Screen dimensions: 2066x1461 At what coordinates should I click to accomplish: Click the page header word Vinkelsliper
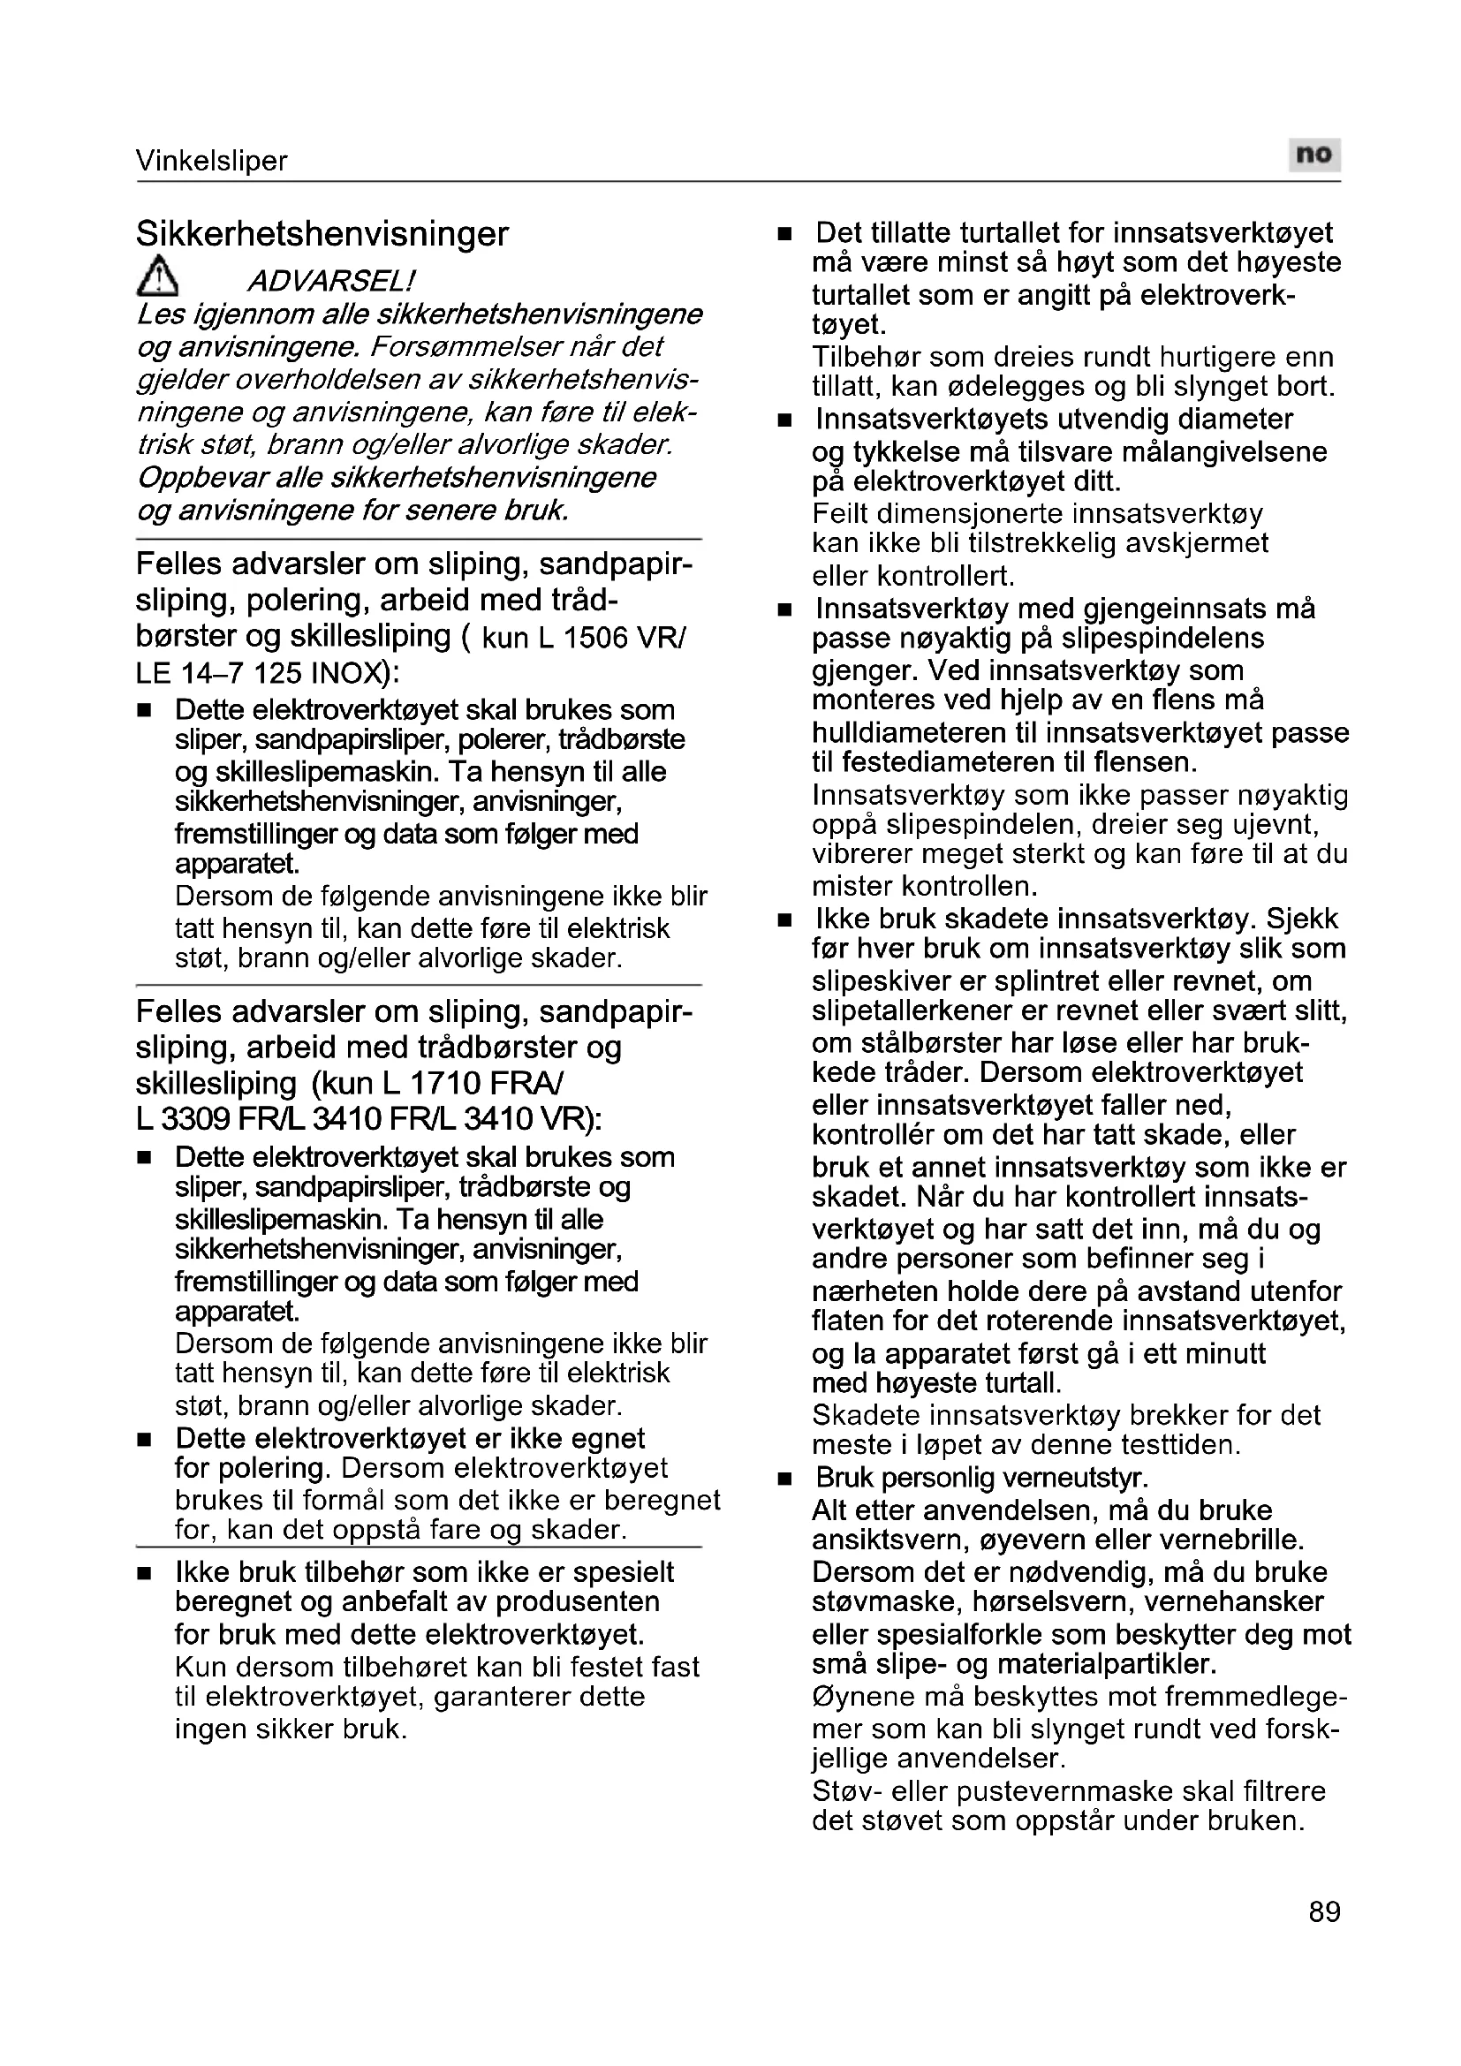pyautogui.click(x=211, y=161)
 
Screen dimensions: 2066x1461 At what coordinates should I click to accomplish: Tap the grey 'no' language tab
pyautogui.click(x=1313, y=155)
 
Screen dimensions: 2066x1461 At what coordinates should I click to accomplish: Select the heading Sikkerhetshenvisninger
pyautogui.click(x=322, y=234)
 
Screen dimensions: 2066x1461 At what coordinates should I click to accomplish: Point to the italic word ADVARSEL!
pyautogui.click(x=331, y=282)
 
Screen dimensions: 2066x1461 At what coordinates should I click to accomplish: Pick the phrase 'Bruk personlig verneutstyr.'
pyautogui.click(x=981, y=1478)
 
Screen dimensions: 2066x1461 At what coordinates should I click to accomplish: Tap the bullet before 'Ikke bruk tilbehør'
pyautogui.click(x=144, y=1574)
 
